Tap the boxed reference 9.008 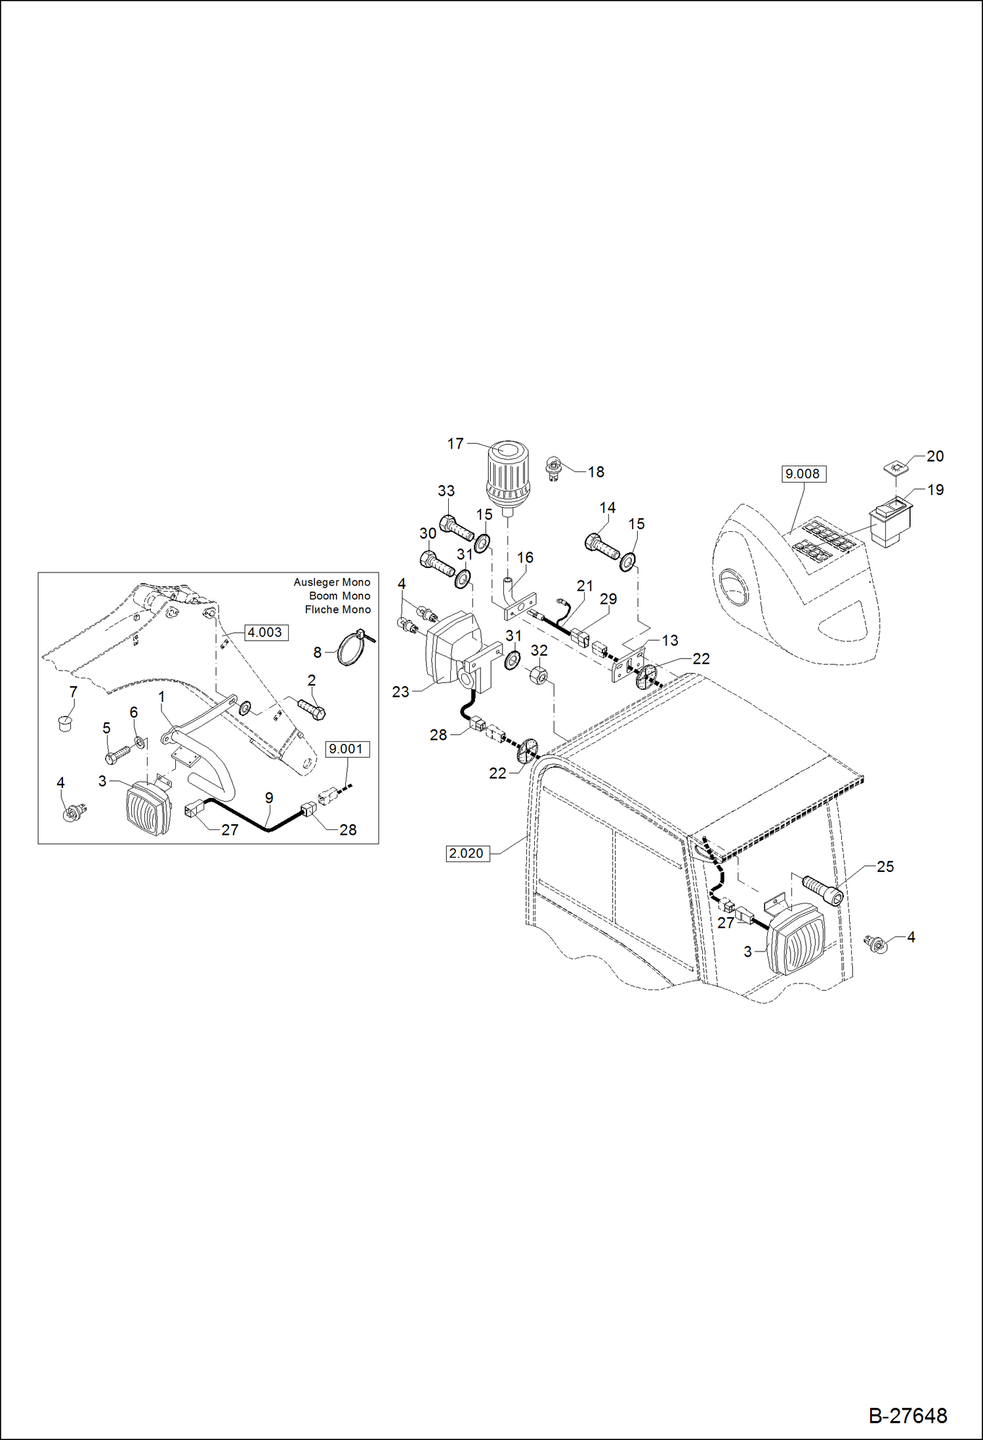click(803, 473)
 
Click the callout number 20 click(935, 456)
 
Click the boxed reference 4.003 click(266, 632)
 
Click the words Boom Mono click(339, 596)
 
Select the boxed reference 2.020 click(467, 853)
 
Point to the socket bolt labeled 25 click(822, 890)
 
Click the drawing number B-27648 click(908, 1416)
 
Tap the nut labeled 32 click(538, 674)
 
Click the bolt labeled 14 click(601, 546)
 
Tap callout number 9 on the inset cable click(269, 798)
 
